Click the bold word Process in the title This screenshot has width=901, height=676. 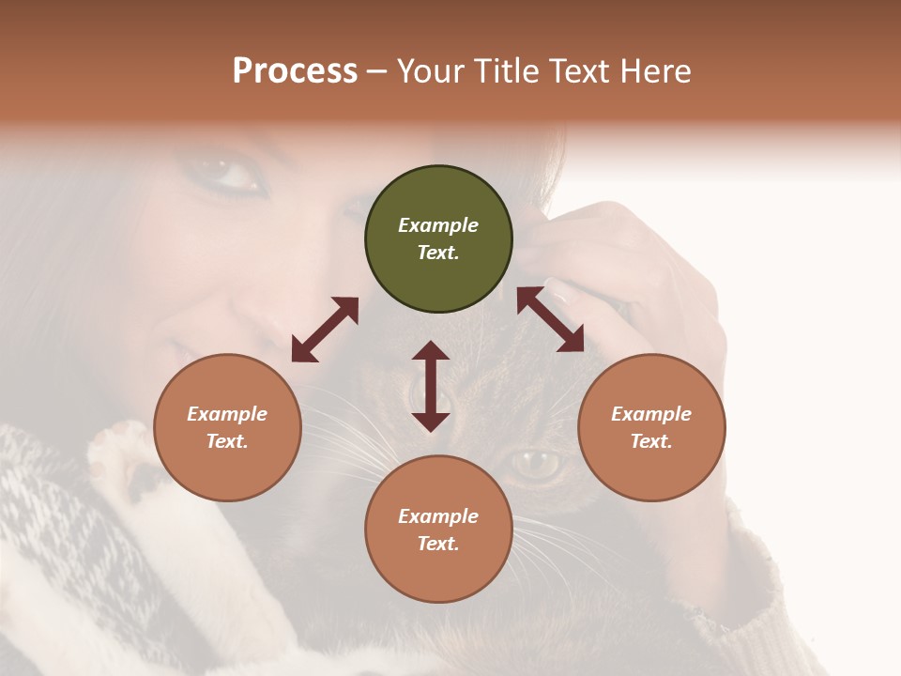[x=295, y=71]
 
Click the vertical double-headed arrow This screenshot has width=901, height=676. [x=431, y=386]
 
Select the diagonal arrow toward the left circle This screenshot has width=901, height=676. [x=325, y=330]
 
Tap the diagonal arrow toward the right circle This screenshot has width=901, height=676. [x=551, y=320]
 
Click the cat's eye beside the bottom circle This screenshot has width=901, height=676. [x=537, y=461]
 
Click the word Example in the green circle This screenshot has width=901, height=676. [x=438, y=225]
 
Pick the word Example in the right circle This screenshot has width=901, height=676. [x=651, y=414]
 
